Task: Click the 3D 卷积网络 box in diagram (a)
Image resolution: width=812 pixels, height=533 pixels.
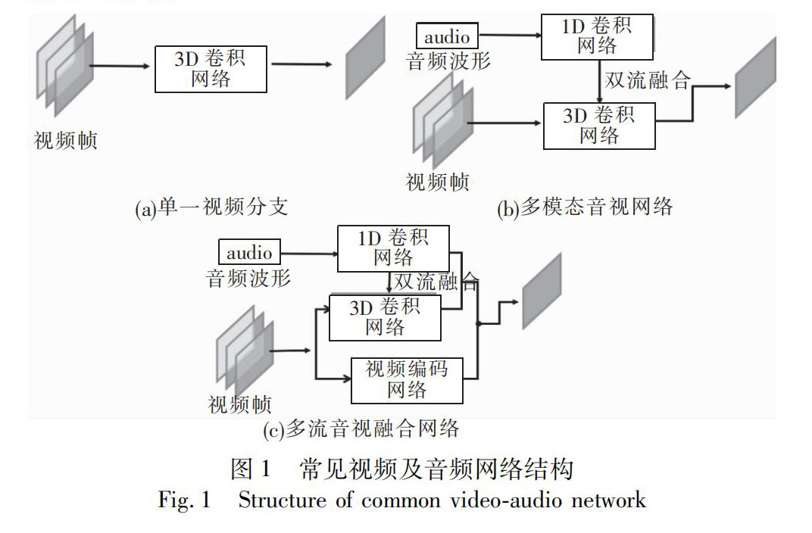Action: tap(211, 69)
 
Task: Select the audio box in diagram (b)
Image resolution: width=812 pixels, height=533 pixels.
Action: tap(447, 36)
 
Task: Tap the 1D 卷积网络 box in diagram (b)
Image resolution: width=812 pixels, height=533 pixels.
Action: tap(597, 36)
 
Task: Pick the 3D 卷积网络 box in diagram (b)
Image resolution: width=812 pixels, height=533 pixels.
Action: tap(599, 126)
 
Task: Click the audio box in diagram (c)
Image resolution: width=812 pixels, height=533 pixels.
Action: tap(249, 252)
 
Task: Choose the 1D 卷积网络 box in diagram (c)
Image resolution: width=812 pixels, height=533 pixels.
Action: tap(392, 248)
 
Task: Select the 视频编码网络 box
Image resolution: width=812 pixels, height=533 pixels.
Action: tap(407, 380)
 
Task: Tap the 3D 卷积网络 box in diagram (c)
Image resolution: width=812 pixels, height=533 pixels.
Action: tap(385, 317)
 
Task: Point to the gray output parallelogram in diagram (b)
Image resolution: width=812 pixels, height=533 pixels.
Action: tap(755, 78)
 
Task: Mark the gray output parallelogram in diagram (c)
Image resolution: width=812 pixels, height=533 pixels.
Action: tap(542, 291)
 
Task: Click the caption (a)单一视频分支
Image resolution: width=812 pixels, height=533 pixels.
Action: tap(211, 207)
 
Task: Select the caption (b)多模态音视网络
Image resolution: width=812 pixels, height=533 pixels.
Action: tap(585, 207)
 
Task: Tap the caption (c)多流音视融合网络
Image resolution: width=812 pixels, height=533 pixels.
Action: tap(361, 430)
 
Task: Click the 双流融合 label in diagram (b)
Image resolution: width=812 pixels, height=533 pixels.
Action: tap(648, 79)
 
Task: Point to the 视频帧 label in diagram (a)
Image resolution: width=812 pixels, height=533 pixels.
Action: tap(66, 141)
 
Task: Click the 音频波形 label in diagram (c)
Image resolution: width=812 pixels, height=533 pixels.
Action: tap(248, 278)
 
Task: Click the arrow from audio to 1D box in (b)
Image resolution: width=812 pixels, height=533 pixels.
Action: tap(510, 36)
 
